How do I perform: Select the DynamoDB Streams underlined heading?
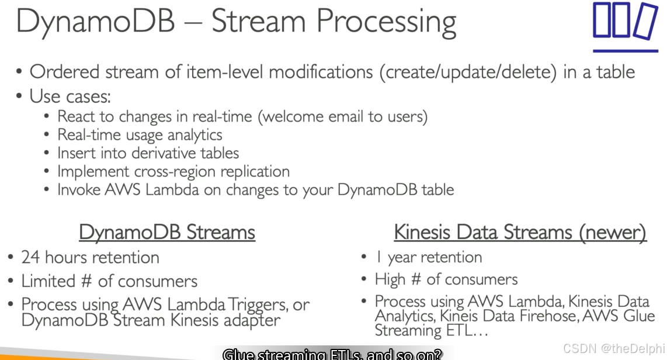167,232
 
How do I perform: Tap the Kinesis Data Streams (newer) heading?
520,232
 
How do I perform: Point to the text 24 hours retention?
90,257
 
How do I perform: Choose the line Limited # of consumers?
109,281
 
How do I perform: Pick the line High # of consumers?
446,279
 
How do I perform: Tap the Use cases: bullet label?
70,96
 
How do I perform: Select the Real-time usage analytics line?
140,134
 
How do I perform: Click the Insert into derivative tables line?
148,153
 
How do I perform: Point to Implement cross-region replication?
173,171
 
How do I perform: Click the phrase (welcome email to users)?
343,116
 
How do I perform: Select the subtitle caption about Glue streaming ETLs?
332,354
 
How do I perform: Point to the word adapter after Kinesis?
247,320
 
